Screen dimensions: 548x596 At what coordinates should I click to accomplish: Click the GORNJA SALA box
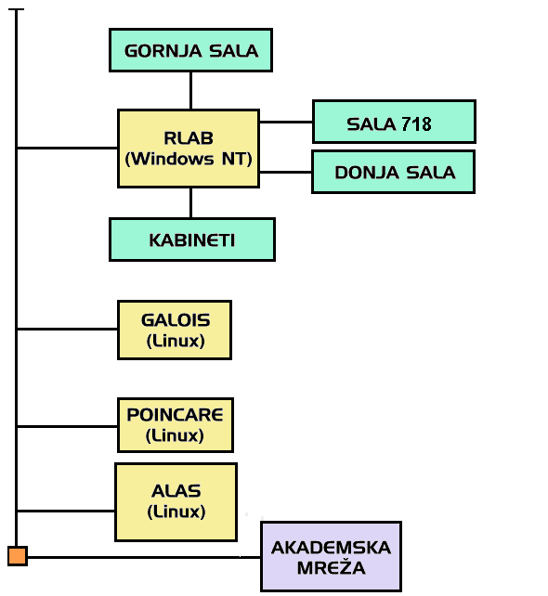(x=191, y=50)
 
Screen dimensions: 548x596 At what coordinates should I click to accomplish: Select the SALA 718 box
(x=394, y=122)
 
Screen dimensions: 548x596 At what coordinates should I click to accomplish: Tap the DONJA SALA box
(x=393, y=172)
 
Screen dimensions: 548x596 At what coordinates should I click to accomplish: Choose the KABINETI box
(x=192, y=240)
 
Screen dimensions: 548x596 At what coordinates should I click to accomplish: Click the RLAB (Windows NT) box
(x=189, y=149)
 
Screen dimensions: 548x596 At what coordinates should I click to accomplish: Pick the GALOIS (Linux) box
(x=175, y=330)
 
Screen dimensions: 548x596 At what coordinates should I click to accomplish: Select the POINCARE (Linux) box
(x=176, y=425)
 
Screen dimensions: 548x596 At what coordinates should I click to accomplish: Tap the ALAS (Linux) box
(x=176, y=501)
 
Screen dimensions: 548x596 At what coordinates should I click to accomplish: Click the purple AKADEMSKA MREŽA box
(x=332, y=556)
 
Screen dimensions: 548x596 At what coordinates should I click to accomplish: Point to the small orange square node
(x=18, y=556)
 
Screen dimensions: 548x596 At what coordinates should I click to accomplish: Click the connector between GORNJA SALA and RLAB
(x=191, y=91)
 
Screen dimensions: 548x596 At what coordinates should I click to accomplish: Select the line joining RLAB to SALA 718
(x=286, y=122)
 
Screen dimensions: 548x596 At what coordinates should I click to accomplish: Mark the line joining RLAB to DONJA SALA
(x=285, y=172)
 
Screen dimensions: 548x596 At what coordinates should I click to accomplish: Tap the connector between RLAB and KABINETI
(x=191, y=203)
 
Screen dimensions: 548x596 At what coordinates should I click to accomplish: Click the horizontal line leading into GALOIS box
(x=67, y=329)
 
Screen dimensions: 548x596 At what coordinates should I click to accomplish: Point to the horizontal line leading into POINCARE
(x=67, y=426)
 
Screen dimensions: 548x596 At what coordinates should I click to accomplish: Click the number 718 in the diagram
(x=416, y=124)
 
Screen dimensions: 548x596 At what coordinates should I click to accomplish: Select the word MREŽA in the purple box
(x=332, y=568)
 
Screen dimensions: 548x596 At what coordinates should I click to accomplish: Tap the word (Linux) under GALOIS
(x=176, y=341)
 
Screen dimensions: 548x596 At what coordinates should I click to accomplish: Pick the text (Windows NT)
(x=189, y=159)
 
